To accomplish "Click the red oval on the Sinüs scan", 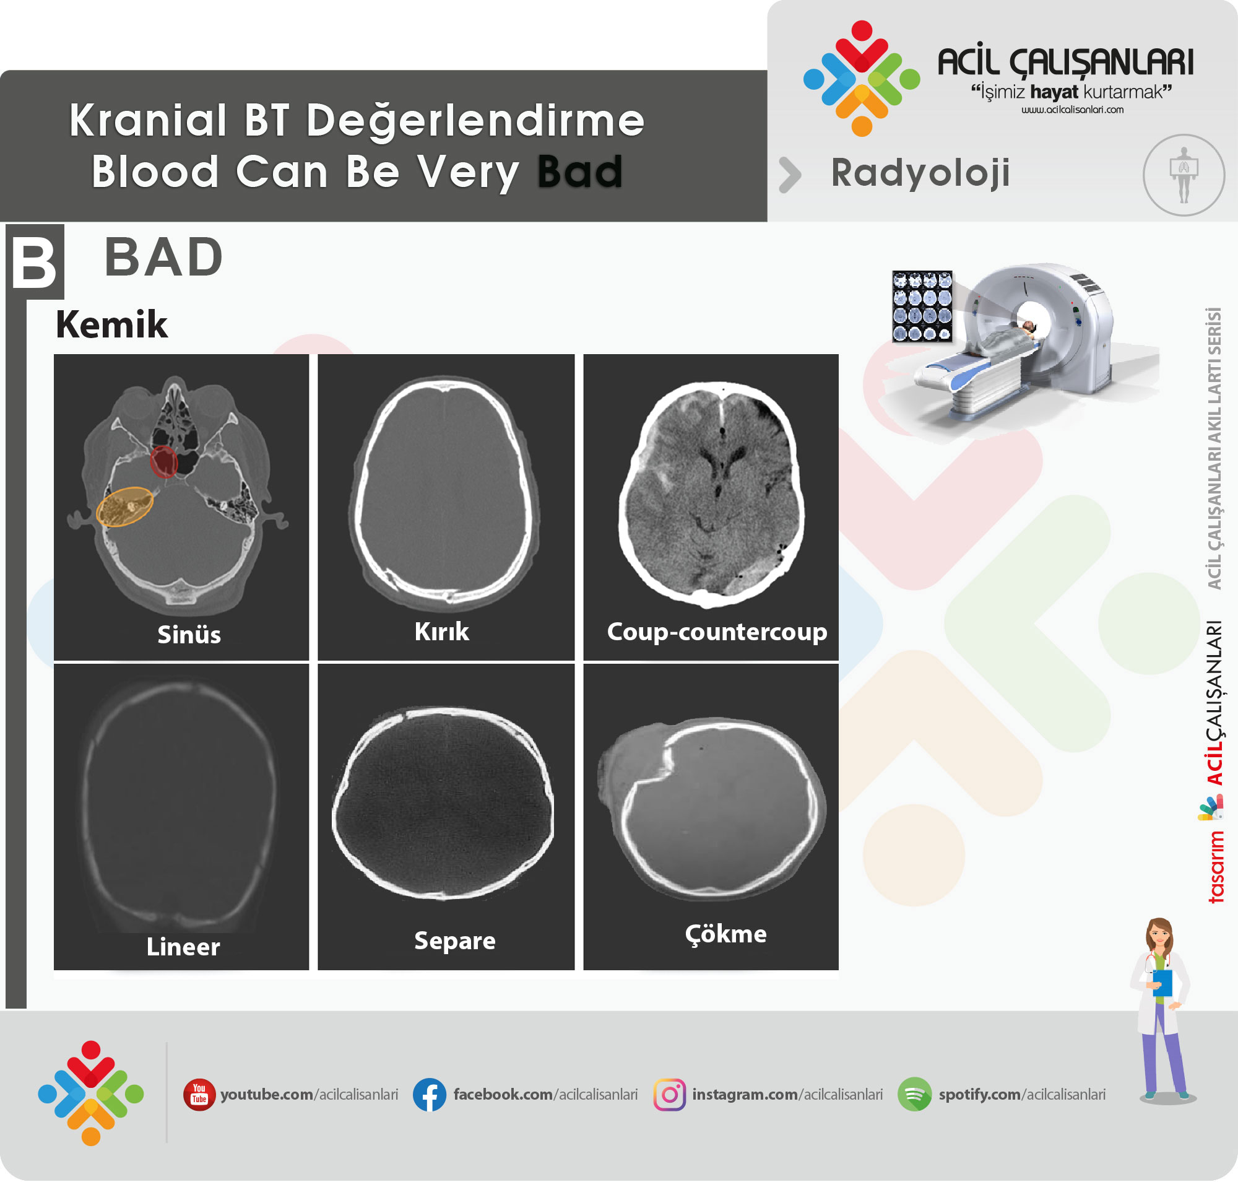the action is (x=164, y=461).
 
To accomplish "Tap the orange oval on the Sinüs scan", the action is (x=125, y=506).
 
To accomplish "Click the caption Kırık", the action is (x=441, y=632).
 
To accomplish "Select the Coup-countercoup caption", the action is (x=717, y=632).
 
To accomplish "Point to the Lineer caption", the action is (x=183, y=947).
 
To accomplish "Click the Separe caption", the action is (x=455, y=941).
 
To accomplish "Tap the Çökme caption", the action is (x=726, y=934).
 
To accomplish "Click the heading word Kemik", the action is (x=111, y=324).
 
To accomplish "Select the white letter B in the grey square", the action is (x=34, y=263).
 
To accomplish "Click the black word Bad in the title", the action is (x=580, y=171).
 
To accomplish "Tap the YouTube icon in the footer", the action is (x=199, y=1095).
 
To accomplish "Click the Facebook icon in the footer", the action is (x=430, y=1095).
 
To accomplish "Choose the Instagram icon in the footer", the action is (x=670, y=1095).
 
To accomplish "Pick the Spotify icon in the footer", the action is (x=914, y=1095).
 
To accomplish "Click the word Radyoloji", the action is (x=920, y=173).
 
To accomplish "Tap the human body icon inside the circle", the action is (x=1184, y=175).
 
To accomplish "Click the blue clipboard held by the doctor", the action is (x=1162, y=982).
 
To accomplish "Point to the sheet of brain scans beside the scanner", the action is (x=922, y=307).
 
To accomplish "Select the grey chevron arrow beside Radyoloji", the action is (x=790, y=175).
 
